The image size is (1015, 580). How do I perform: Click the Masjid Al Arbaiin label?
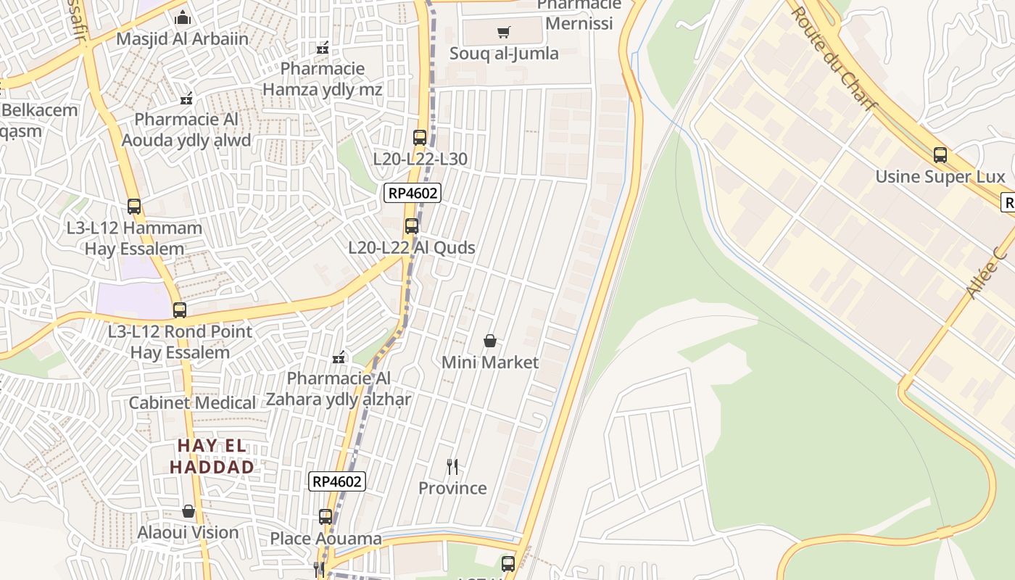point(182,38)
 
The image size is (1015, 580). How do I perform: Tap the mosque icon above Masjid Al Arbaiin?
point(183,17)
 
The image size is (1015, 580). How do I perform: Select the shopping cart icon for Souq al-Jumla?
point(504,32)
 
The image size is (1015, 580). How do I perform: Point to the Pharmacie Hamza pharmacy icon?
point(323,48)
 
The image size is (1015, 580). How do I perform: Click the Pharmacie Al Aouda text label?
point(186,130)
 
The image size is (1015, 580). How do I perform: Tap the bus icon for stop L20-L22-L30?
point(420,137)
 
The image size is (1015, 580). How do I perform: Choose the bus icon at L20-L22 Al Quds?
point(412,225)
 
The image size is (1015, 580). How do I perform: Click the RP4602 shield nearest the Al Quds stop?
point(413,193)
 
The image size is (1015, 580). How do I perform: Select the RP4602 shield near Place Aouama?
point(336,481)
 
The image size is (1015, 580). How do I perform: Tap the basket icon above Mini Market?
point(490,340)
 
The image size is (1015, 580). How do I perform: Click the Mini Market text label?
point(490,362)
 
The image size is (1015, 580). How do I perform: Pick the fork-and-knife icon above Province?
point(452,466)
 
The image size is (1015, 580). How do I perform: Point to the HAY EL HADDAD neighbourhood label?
point(212,457)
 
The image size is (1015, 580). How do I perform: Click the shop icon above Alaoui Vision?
point(188,511)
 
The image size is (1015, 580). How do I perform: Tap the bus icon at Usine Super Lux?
point(940,154)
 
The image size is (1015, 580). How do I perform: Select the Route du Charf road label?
point(833,58)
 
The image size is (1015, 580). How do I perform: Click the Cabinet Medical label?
point(192,403)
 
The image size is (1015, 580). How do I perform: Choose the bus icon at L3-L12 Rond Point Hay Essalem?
point(180,310)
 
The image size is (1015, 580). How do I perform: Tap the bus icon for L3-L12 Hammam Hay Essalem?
point(134,206)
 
